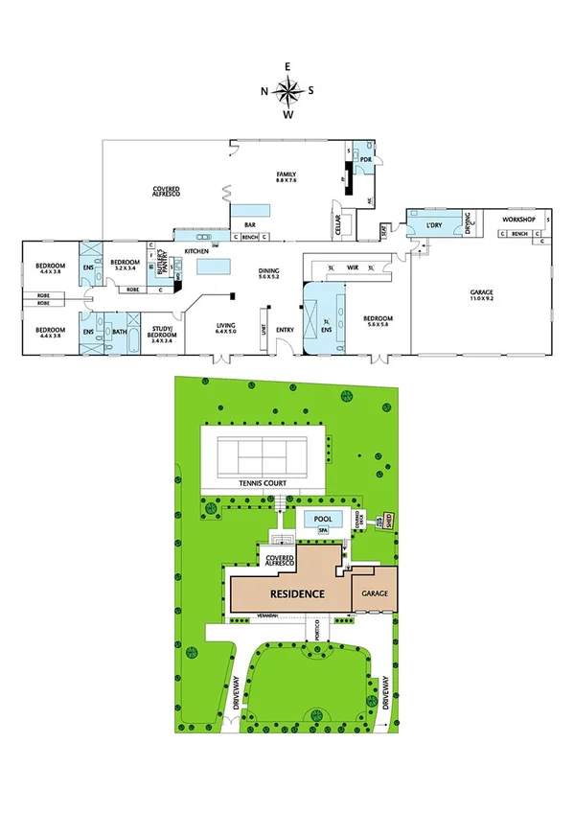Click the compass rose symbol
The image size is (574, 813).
pos(287,90)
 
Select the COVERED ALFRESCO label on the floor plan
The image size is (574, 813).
pos(167,191)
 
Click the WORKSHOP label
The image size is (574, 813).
pos(517,220)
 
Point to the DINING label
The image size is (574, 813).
pos(269,273)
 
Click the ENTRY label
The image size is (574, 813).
pos(285,331)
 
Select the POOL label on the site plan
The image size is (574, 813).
pos(321,518)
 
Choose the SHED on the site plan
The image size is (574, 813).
pos(389,520)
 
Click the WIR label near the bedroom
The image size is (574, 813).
pos(352,267)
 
